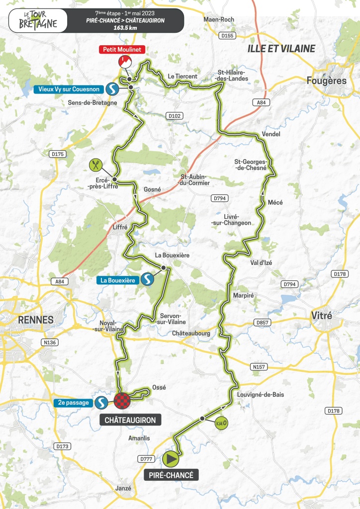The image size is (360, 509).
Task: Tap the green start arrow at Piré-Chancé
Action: click(171, 459)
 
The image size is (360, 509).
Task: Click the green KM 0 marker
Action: click(222, 424)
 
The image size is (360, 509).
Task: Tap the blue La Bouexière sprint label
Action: click(117, 280)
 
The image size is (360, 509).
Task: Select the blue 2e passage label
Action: click(73, 402)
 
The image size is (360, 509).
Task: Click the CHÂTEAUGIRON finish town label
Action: click(130, 420)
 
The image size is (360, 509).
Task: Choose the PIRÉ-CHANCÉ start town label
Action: click(172, 475)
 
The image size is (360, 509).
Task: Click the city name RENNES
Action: click(36, 320)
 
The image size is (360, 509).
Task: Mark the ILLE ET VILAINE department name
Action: click(281, 48)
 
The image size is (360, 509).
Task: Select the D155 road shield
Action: click(227, 35)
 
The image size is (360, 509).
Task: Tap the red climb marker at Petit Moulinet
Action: click(125, 62)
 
